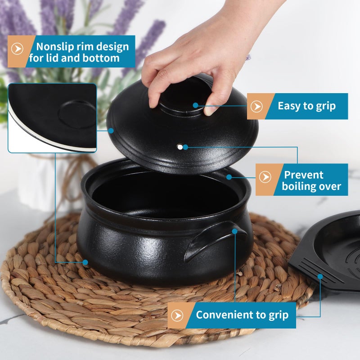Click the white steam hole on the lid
[x=180, y=147]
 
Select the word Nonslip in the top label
[x=55, y=47]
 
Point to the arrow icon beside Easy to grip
[x=256, y=106]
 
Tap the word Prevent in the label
[x=303, y=175]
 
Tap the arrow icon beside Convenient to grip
[x=177, y=315]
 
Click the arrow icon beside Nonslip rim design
[x=17, y=49]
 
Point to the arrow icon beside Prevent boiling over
[x=265, y=177]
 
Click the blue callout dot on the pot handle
[x=234, y=231]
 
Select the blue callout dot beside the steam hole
[x=185, y=147]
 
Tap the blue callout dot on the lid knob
[x=195, y=105]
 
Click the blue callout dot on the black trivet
[x=320, y=276]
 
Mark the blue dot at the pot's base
[x=85, y=262]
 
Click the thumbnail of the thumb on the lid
[x=210, y=112]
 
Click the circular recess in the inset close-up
[x=77, y=114]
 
